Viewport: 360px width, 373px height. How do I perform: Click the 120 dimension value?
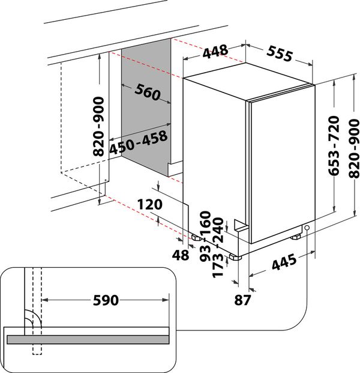150,205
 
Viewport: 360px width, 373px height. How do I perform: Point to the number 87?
242,299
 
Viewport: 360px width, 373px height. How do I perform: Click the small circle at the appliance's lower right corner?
307,228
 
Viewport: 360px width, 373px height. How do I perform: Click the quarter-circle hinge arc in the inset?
32,320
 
